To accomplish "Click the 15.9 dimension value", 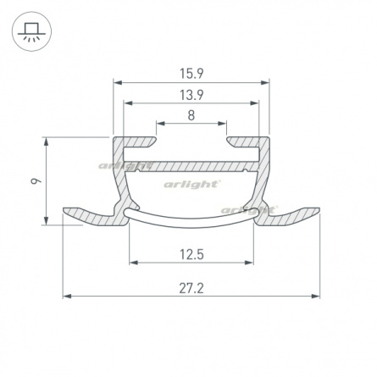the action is tap(191, 74).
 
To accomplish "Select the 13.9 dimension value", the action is tap(191, 95).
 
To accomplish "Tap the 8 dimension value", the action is tap(191, 115).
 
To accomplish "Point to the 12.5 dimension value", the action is tap(191, 255).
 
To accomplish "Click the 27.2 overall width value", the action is tap(191, 289).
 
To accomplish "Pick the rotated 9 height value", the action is tap(36, 180).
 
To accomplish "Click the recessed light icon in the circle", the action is tap(31, 31).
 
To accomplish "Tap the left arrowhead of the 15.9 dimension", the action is tap(117, 83).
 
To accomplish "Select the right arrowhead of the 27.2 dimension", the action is tap(315, 297).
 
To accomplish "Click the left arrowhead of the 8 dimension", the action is tap(161, 124).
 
